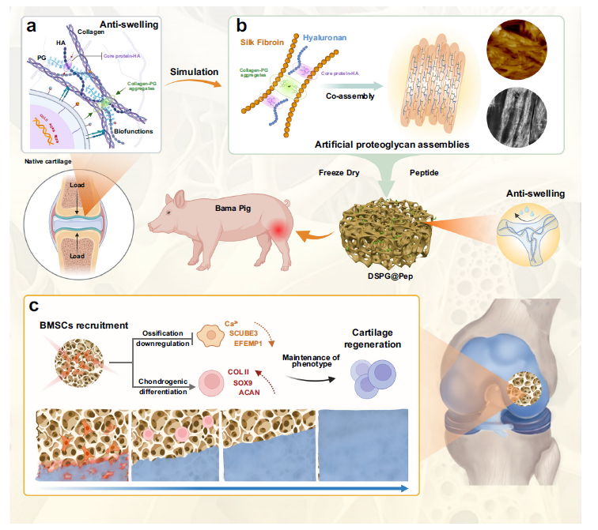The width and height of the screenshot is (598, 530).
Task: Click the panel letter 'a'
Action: (32, 24)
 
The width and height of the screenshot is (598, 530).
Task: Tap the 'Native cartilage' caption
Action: (49, 162)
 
